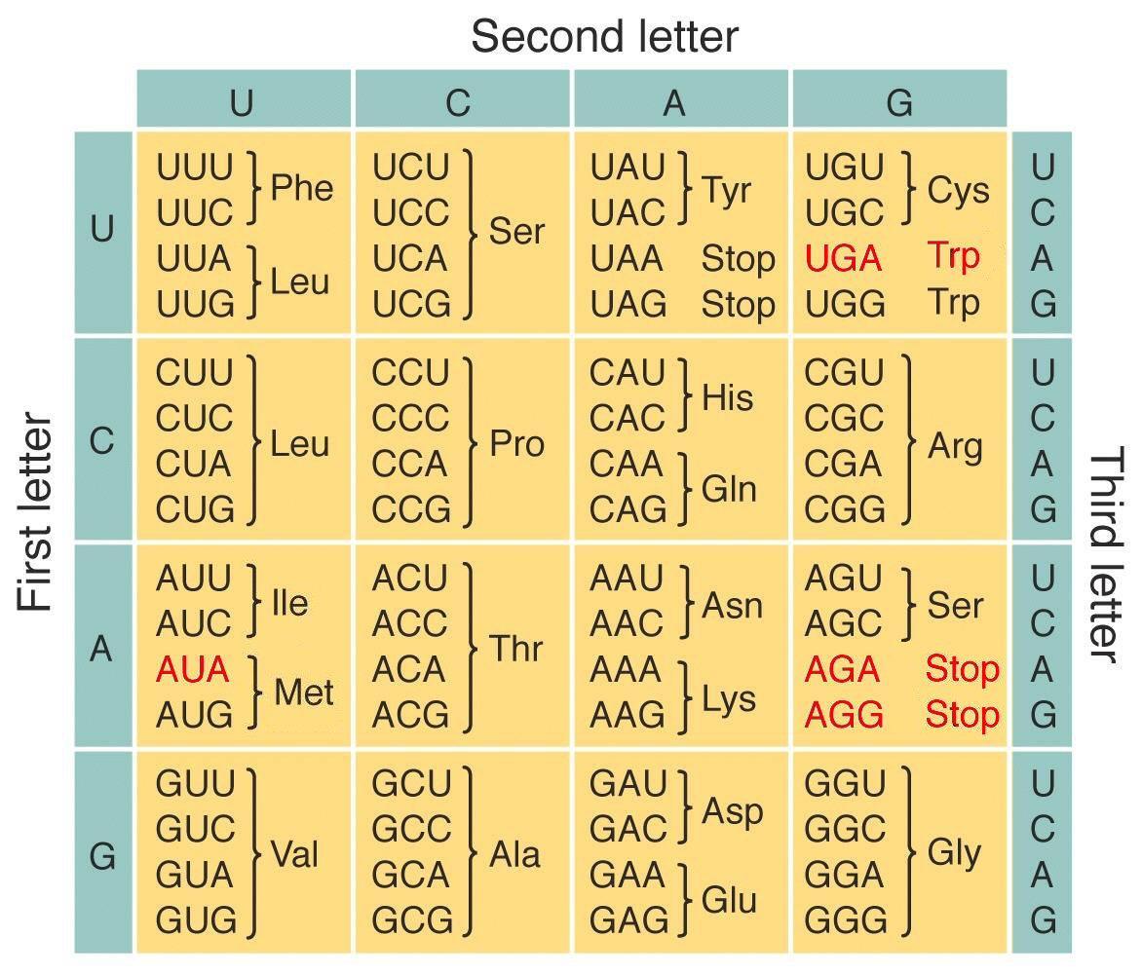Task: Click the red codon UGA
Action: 844,258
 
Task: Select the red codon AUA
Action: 193,669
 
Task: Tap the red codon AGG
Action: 844,715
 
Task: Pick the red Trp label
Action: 953,257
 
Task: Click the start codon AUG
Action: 195,715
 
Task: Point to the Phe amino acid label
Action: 301,188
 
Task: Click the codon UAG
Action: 628,304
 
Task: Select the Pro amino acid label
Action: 516,443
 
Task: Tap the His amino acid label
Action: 727,397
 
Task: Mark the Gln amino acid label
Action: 728,488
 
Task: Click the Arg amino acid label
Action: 955,446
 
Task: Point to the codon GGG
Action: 845,920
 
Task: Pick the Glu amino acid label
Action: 728,900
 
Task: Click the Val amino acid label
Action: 294,854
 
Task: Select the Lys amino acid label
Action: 728,698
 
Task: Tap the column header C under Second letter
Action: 458,103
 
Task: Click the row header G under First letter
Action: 102,856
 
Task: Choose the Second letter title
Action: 604,36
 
